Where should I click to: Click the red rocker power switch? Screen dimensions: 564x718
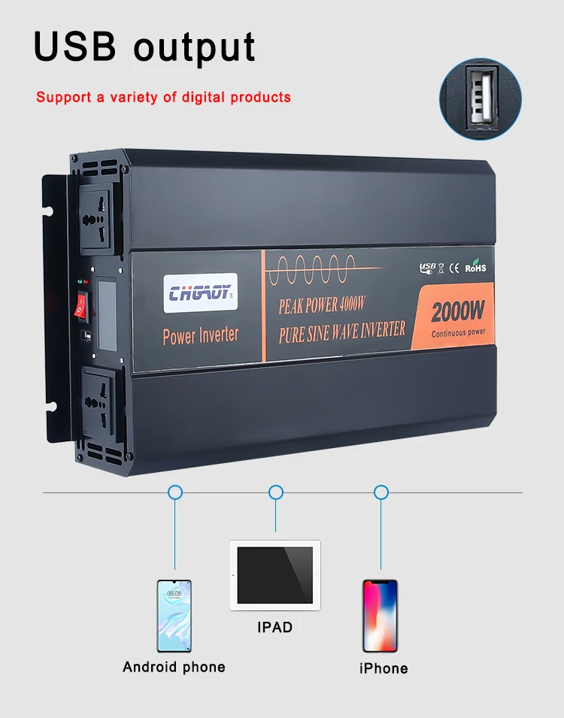click(x=81, y=306)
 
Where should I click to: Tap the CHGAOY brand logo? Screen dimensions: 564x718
click(x=201, y=293)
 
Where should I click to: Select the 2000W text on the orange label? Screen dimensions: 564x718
click(x=457, y=311)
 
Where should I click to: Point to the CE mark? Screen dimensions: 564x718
click(x=454, y=268)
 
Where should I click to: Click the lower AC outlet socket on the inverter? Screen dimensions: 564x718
click(x=99, y=403)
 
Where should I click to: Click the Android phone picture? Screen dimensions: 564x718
click(x=174, y=616)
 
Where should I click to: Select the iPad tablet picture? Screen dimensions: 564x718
click(x=275, y=575)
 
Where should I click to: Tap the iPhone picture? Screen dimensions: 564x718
click(x=381, y=616)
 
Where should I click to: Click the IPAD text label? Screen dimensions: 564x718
click(x=275, y=627)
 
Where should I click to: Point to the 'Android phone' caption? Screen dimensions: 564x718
click(x=174, y=667)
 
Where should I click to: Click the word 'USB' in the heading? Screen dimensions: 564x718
click(x=76, y=47)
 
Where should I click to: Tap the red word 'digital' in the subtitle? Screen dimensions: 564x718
click(x=204, y=97)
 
